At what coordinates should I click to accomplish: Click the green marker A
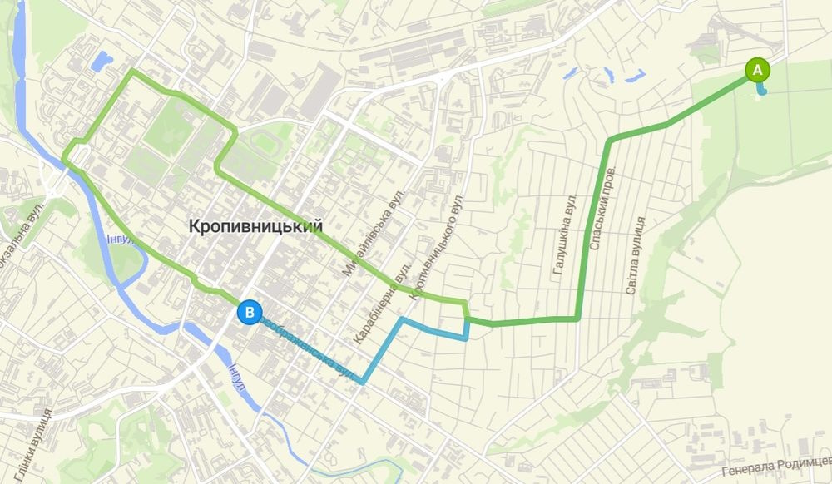coord(757,69)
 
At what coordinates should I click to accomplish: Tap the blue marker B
coord(249,313)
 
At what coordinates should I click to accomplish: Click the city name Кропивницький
coord(255,226)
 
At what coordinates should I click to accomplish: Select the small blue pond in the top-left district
coord(102,61)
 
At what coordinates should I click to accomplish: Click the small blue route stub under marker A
coord(761,90)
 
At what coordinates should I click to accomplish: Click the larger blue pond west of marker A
coord(633,77)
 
